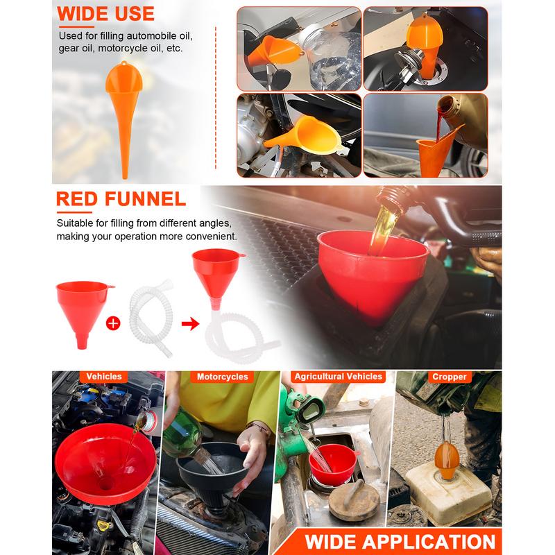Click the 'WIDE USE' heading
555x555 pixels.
click(105, 14)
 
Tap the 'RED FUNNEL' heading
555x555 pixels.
click(121, 198)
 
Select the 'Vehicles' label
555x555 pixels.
click(103, 376)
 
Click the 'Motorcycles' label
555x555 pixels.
click(222, 377)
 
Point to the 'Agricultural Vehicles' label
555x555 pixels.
click(339, 376)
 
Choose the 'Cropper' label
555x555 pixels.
click(449, 377)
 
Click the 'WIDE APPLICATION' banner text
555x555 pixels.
click(400, 542)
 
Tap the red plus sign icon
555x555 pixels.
click(113, 323)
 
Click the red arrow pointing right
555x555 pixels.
click(190, 323)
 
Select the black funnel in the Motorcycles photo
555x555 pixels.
click(212, 475)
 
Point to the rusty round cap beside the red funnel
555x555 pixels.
click(354, 499)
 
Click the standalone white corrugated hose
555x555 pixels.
click(151, 318)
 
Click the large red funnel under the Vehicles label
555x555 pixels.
click(105, 463)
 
